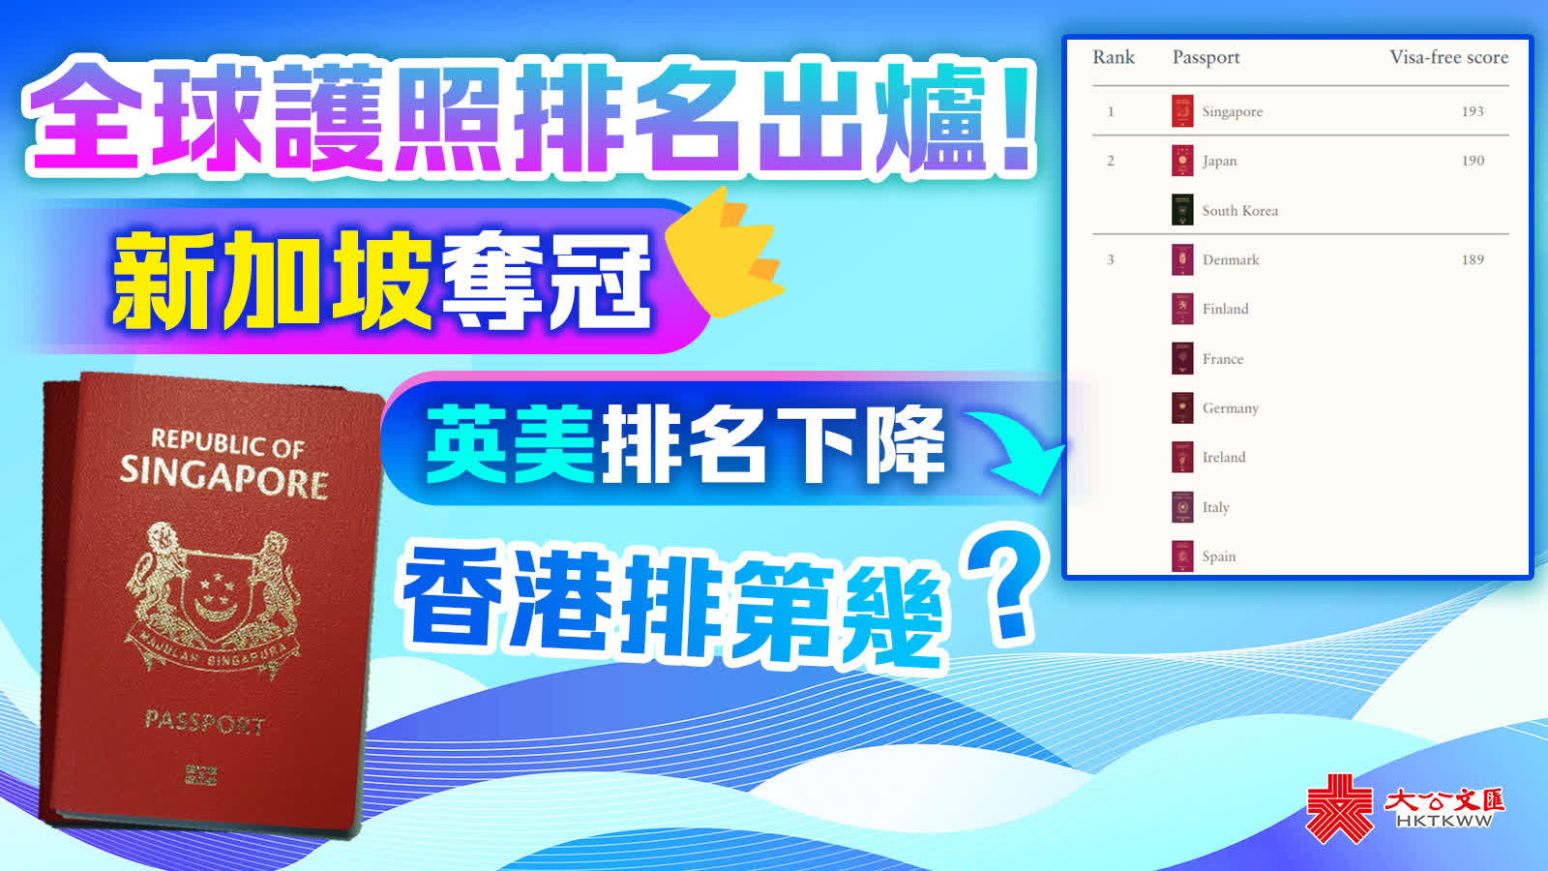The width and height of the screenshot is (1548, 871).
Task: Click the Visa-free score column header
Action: point(1448,57)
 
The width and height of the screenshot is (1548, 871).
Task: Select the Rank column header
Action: point(1114,57)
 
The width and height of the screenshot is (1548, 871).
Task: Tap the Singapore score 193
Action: point(1473,111)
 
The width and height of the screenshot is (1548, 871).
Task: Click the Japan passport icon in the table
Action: point(1182,161)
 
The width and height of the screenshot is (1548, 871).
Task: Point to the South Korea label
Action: point(1239,211)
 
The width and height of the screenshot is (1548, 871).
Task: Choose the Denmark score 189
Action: point(1473,260)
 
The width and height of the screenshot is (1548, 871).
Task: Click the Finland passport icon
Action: point(1182,309)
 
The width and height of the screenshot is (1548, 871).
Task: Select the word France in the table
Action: point(1223,359)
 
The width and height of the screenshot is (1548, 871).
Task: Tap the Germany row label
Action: point(1230,408)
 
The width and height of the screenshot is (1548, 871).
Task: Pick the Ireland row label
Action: point(1224,458)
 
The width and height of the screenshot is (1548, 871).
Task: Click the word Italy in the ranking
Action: point(1215,507)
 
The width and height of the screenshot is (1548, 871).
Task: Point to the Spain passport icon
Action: point(1182,556)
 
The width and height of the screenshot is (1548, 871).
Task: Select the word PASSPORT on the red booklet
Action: point(204,722)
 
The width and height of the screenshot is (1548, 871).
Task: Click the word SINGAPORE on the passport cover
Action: point(223,477)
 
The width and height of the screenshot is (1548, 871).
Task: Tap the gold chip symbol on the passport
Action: point(201,775)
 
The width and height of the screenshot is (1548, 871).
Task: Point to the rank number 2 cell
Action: point(1111,161)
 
